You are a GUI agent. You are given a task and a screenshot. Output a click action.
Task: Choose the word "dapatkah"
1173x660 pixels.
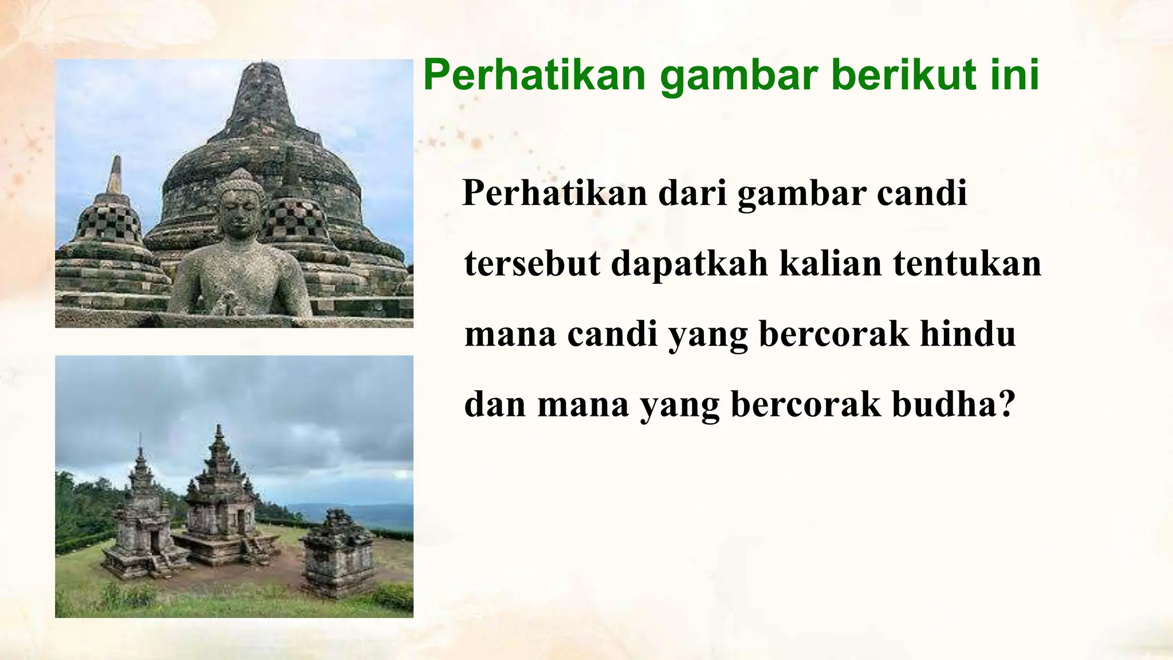click(689, 264)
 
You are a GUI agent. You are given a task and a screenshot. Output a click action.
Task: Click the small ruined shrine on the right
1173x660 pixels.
click(338, 550)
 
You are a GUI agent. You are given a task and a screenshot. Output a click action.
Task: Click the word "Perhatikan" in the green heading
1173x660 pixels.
click(535, 76)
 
